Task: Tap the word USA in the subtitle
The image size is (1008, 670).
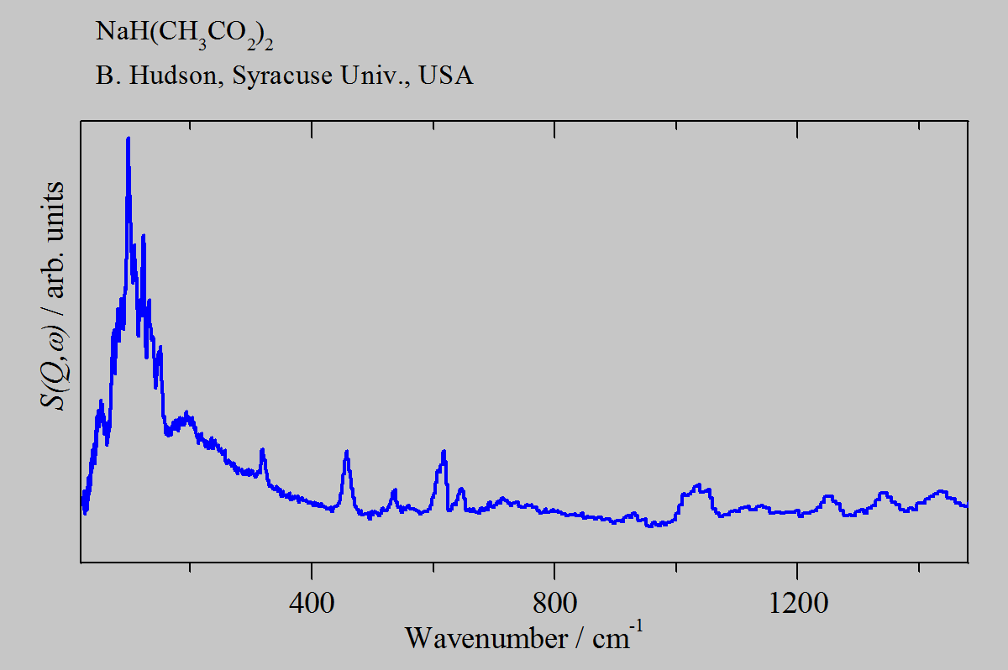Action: [446, 76]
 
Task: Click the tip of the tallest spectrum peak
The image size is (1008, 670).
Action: [128, 138]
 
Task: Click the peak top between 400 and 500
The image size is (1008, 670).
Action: [346, 452]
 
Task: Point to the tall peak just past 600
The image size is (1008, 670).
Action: [444, 452]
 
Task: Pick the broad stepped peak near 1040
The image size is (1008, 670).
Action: [697, 485]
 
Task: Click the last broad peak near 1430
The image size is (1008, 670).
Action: [941, 491]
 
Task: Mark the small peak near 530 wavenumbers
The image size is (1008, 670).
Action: [394, 489]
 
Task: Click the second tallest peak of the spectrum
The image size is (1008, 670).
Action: [144, 235]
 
